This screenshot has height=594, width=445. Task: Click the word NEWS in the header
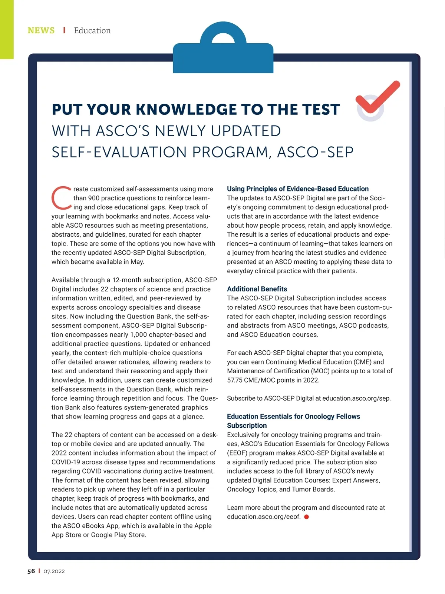(x=41, y=30)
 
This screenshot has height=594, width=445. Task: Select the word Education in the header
(x=92, y=30)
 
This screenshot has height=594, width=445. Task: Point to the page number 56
(x=31, y=571)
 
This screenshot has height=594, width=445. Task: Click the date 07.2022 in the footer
(x=54, y=571)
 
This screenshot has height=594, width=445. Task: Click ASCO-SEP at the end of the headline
(x=315, y=152)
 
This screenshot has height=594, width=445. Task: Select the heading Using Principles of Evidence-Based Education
(x=298, y=189)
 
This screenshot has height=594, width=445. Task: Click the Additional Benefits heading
(x=257, y=289)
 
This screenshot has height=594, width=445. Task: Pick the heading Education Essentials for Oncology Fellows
(x=293, y=416)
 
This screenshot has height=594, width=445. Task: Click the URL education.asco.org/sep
(x=356, y=398)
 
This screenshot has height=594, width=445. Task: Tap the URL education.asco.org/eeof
(x=263, y=517)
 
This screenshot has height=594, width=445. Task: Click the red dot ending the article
(x=307, y=517)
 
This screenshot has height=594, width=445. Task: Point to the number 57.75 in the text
(x=236, y=380)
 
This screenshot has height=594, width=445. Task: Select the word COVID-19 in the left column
(x=66, y=462)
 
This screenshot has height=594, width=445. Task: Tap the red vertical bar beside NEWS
(x=64, y=30)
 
